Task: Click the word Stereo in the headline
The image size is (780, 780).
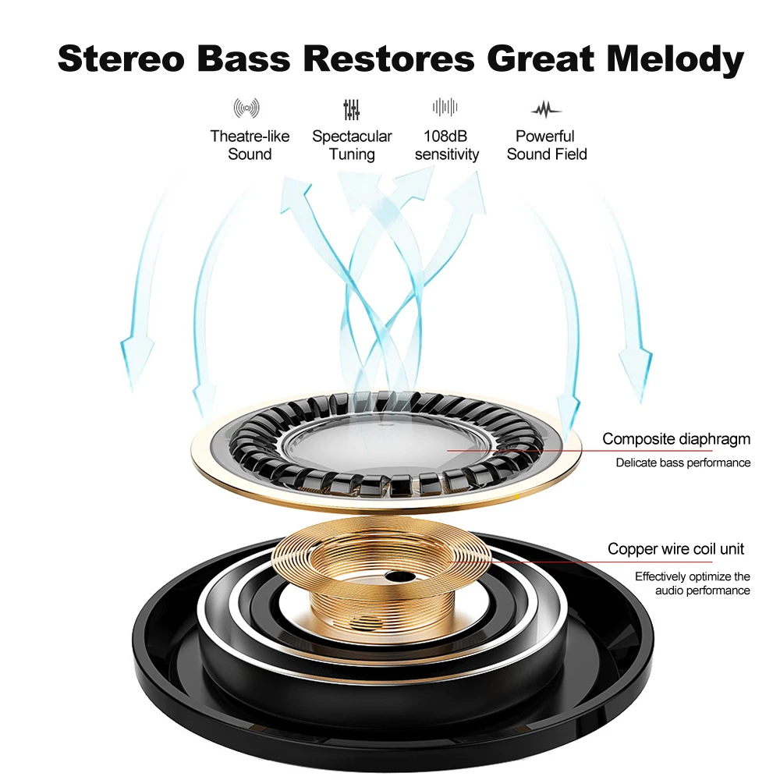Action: click(x=122, y=58)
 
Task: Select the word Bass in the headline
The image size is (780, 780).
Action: click(x=243, y=58)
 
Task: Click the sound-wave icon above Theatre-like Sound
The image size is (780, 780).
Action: click(x=246, y=108)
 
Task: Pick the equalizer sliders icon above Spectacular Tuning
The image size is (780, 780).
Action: click(x=351, y=109)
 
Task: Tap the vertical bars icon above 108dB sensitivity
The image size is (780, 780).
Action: click(x=445, y=107)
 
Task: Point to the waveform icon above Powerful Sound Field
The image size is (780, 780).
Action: click(x=546, y=109)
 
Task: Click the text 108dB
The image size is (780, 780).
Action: click(x=445, y=136)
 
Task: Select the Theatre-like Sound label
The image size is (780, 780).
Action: click(x=250, y=145)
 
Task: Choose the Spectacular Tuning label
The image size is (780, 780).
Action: click(x=352, y=145)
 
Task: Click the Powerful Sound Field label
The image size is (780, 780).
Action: click(x=547, y=145)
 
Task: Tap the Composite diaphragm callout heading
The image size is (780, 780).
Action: click(x=676, y=438)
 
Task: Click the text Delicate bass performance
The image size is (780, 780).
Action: click(x=683, y=463)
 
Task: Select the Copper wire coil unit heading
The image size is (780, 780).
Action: click(x=675, y=548)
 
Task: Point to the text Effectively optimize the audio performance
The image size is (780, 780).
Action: click(x=693, y=583)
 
